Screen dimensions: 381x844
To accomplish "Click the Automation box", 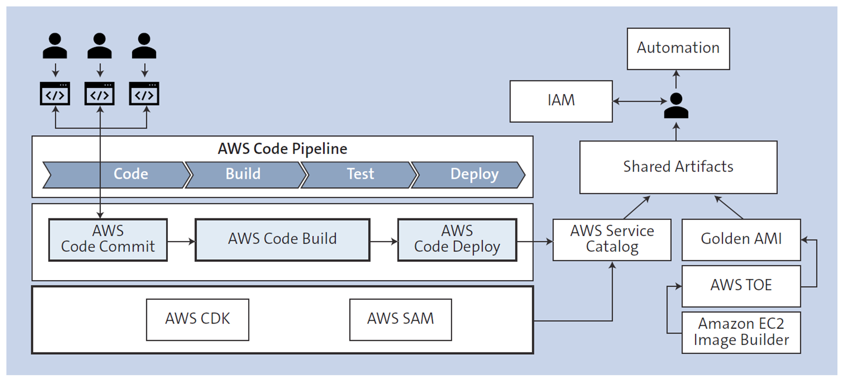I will click(678, 48).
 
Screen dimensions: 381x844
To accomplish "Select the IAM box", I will click(560, 101).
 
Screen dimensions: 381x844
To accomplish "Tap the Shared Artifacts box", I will click(678, 167).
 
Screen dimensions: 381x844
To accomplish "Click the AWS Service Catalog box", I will click(611, 239).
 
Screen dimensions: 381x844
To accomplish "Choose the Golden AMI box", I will click(741, 239).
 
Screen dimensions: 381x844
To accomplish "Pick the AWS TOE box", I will click(741, 285).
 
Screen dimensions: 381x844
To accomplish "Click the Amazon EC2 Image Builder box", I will click(741, 332).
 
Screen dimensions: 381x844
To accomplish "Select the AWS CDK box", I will click(197, 319).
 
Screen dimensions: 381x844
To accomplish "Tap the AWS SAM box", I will click(400, 319).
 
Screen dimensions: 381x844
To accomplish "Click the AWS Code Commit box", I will click(108, 239).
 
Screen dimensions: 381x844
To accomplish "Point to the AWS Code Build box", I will click(282, 239).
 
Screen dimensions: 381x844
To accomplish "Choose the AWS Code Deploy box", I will click(457, 239).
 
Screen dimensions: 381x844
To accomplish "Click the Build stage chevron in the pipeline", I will click(244, 174).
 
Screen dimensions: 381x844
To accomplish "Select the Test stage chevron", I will click(360, 174).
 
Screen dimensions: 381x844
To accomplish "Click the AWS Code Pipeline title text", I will click(282, 149).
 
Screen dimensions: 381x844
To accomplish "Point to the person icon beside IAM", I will click(676, 106).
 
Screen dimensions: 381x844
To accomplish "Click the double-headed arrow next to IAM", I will click(639, 101).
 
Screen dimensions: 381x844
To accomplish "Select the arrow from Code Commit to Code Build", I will click(181, 241).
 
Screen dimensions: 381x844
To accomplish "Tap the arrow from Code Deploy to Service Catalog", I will click(535, 241).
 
